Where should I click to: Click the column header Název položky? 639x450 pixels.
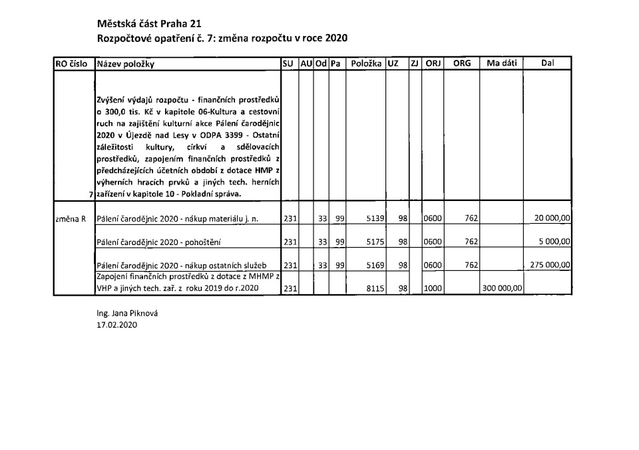click(126, 65)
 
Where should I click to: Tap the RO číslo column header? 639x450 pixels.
click(72, 65)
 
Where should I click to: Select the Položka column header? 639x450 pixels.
click(365, 64)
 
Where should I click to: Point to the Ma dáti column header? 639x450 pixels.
click(501, 64)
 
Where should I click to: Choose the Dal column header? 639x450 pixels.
click(548, 64)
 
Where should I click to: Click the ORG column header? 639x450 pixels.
click(461, 64)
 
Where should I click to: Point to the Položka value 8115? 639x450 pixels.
click(371, 289)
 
